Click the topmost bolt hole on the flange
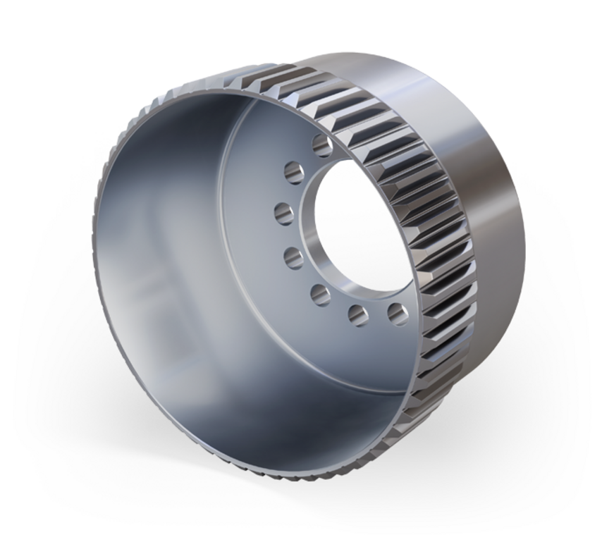(321, 147)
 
